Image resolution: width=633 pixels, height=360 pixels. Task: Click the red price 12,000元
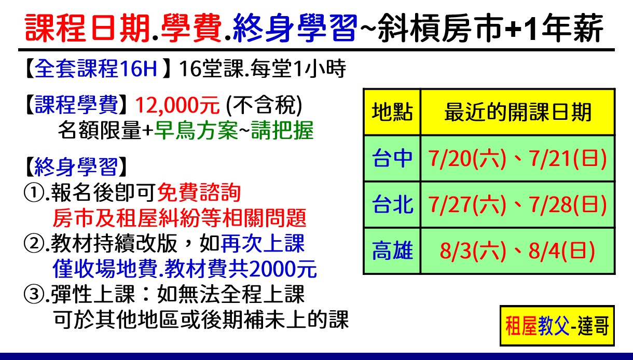177,105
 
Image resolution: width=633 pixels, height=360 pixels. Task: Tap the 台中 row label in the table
392,158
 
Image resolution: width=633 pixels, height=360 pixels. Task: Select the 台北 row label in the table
392,204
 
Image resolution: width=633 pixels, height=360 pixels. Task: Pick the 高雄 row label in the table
392,251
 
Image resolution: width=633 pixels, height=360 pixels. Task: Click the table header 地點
392,112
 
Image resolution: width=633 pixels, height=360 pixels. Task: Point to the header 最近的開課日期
518,112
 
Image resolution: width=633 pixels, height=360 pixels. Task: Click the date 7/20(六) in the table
467,159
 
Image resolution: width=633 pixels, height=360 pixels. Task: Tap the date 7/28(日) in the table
568,205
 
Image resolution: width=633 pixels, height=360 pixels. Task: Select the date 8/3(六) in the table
473,251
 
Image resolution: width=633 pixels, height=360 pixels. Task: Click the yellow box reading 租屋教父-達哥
557,326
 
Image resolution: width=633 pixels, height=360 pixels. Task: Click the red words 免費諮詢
199,192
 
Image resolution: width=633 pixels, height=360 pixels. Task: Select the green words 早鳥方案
196,130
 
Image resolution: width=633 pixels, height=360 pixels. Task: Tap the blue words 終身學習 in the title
295,28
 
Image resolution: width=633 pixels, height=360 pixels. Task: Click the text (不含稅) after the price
264,105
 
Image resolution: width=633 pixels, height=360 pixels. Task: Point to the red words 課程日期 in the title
87,28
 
